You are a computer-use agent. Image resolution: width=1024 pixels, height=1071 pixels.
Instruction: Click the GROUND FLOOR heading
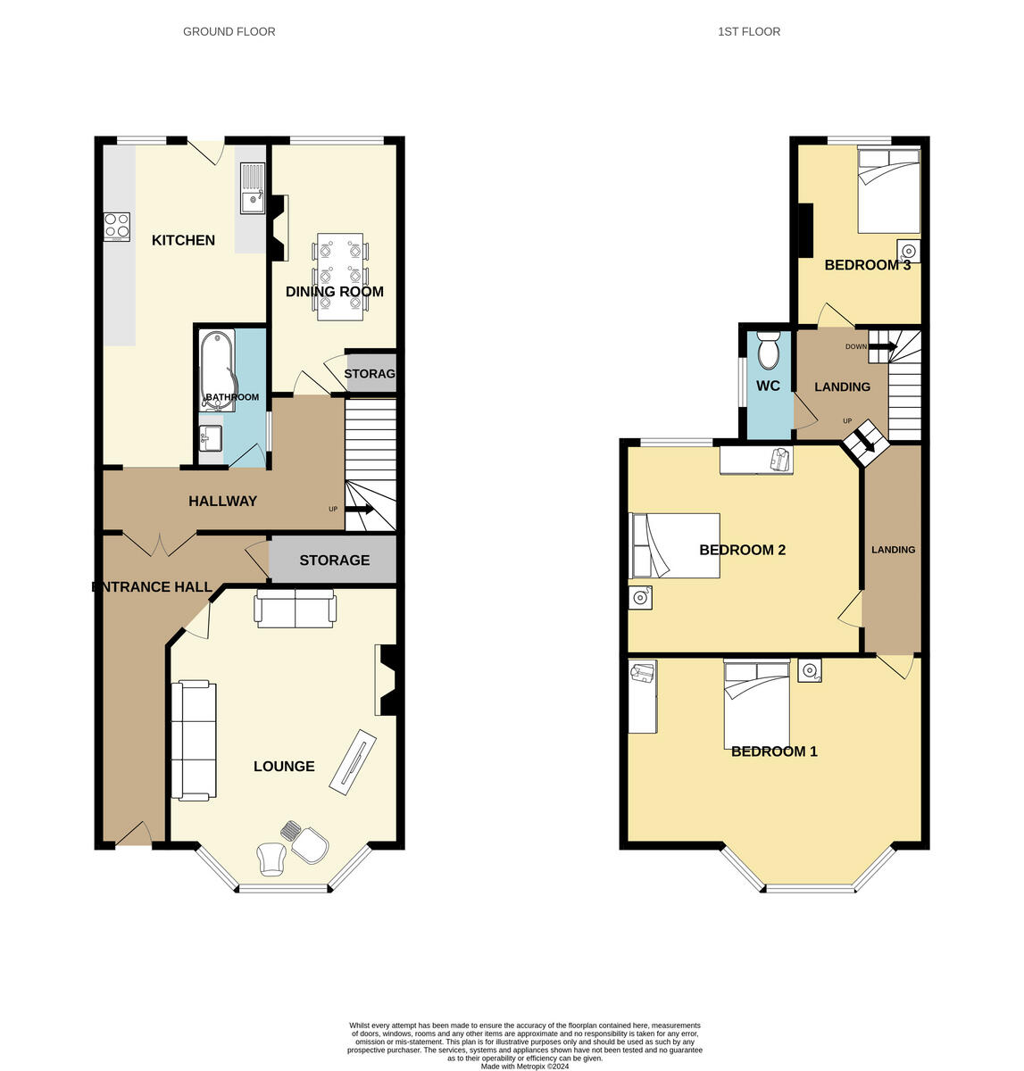point(229,31)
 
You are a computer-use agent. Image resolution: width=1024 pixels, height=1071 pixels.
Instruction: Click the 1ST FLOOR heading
point(748,31)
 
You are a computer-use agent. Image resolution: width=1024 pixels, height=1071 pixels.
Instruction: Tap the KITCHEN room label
point(183,240)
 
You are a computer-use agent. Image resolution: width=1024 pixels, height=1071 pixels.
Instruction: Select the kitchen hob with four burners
point(117,226)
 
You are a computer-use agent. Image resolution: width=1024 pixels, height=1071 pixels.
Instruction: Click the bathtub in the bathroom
point(216,368)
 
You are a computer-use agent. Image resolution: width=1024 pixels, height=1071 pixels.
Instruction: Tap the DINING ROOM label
point(334,292)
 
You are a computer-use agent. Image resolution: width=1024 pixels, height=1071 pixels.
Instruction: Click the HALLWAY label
point(222,502)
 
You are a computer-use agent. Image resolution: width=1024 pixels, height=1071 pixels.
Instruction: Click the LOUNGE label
point(284,766)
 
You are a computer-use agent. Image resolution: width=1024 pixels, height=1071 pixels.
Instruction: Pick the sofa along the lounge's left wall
point(194,740)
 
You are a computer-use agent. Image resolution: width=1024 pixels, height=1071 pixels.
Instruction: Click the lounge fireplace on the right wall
point(388,680)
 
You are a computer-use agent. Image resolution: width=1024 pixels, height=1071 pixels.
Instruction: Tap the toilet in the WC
point(768,350)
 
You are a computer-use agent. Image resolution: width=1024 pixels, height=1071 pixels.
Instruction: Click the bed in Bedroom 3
point(888,190)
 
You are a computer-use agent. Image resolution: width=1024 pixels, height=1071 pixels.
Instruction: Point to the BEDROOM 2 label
point(742,550)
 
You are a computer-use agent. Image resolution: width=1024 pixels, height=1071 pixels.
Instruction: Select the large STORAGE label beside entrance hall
point(334,560)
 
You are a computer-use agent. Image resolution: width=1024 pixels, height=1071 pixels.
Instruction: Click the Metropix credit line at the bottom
point(525,1066)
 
